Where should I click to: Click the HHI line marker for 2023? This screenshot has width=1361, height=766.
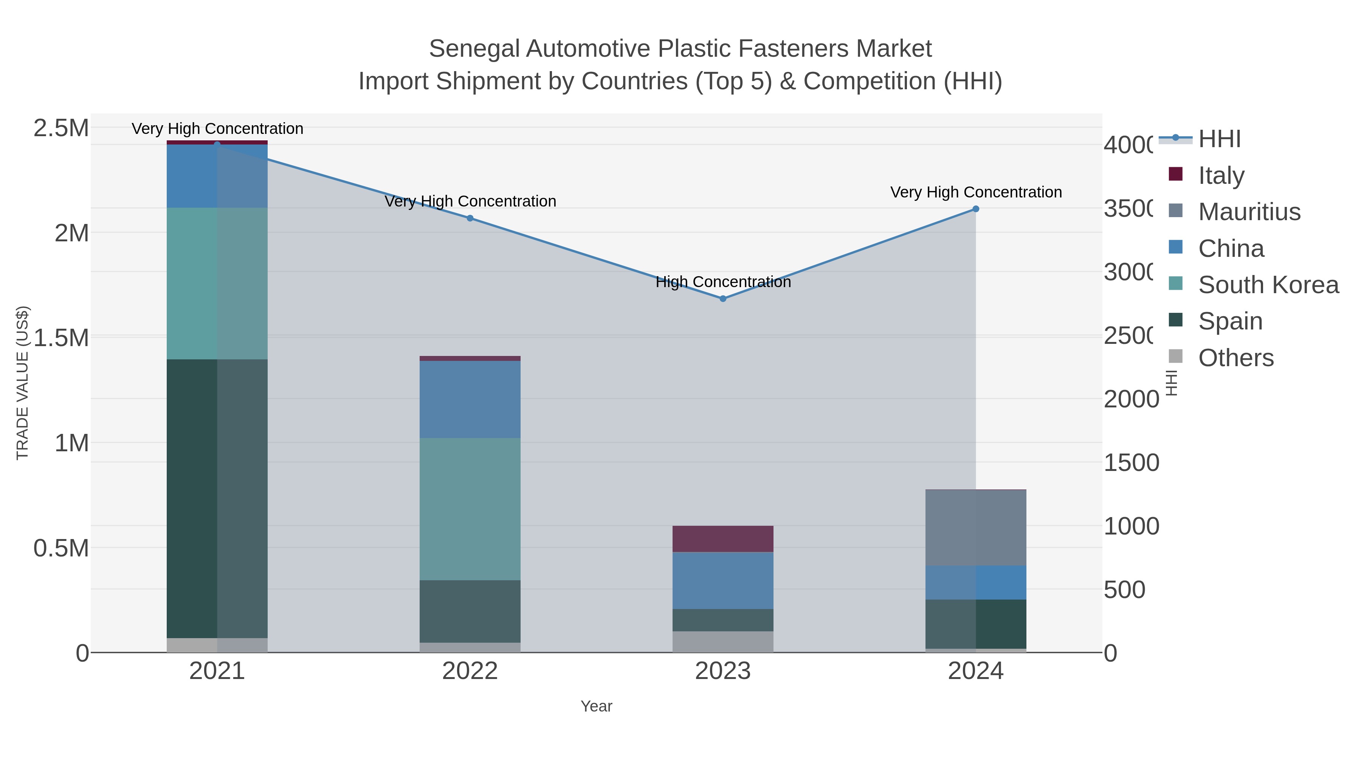click(723, 299)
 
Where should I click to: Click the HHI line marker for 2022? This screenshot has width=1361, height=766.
click(470, 218)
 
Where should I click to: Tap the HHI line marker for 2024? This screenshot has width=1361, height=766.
click(976, 209)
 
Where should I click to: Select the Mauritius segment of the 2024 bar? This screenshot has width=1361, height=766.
click(976, 528)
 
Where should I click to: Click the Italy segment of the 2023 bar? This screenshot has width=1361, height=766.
click(723, 539)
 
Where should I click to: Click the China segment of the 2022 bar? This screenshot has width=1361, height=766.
click(470, 399)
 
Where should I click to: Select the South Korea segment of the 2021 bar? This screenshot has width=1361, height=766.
click(217, 283)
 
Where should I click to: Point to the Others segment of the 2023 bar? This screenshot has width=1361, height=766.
click(723, 641)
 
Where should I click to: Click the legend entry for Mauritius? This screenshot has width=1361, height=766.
click(1249, 211)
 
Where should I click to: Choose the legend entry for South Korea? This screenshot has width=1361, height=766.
click(1268, 284)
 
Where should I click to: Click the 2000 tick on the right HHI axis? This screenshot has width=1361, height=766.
click(1131, 399)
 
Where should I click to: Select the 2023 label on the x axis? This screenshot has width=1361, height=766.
click(723, 671)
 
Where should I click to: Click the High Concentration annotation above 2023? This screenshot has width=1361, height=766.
click(723, 282)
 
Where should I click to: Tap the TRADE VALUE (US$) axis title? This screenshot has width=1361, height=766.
click(22, 383)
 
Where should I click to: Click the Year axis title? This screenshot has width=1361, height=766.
click(596, 706)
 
